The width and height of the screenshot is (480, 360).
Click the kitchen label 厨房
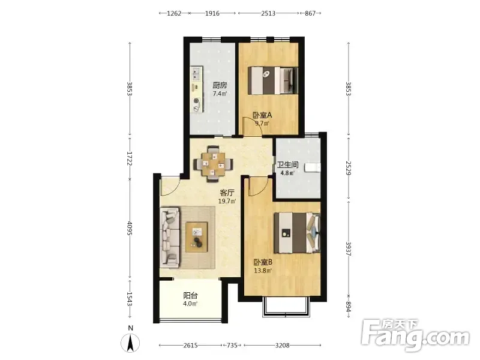[x=220, y=85]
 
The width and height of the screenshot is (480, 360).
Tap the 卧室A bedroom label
[x=262, y=115]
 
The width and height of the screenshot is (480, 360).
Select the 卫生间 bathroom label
[x=287, y=164]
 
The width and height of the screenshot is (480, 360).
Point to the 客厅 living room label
[x=227, y=193]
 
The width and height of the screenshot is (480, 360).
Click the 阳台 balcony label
[x=190, y=296]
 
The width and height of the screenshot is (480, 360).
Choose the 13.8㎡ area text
[x=263, y=271]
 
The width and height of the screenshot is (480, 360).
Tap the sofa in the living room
[x=169, y=236]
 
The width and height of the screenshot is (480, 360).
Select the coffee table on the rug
[x=197, y=237]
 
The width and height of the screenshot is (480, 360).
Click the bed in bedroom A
[x=272, y=81]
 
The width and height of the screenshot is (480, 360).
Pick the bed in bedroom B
[x=297, y=233]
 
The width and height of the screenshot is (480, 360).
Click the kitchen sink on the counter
[x=196, y=74]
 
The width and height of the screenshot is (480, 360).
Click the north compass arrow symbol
[x=130, y=343]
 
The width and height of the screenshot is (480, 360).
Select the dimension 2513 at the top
[x=268, y=13]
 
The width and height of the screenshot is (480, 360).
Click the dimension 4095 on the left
[x=130, y=229]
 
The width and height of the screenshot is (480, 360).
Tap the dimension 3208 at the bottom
[x=282, y=346]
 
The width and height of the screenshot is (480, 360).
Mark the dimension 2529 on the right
[x=349, y=168]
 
